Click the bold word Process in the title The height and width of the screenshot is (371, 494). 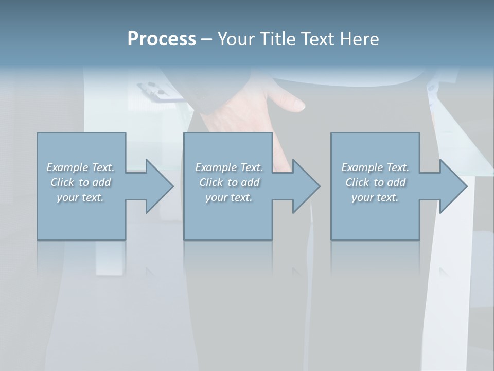point(162,39)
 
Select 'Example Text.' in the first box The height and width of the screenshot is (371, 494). point(80,167)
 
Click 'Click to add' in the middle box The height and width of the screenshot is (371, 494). point(229,182)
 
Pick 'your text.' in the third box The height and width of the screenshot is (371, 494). point(375,197)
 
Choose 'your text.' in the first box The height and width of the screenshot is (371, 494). point(80,197)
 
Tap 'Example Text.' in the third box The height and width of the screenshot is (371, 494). point(375,167)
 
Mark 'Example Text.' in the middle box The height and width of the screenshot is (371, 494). point(229,167)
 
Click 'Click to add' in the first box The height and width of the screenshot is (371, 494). point(80,182)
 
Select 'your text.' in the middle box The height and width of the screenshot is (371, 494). point(229,197)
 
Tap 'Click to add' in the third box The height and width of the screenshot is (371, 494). point(375,182)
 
